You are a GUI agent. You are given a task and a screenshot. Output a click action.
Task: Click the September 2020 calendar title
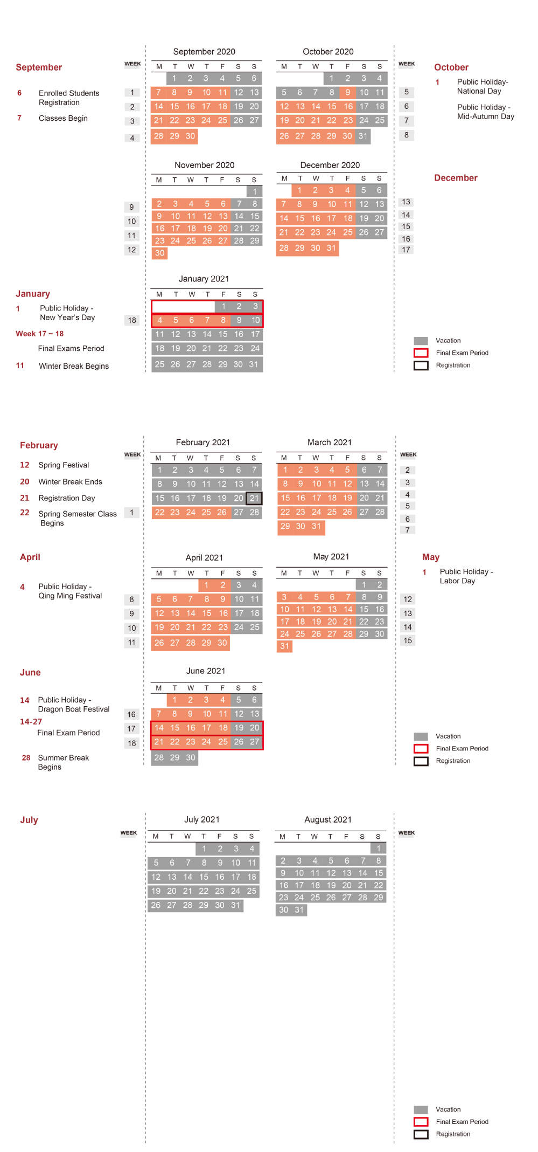[x=204, y=52]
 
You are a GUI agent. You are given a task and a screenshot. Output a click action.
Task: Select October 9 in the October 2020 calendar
[x=348, y=92]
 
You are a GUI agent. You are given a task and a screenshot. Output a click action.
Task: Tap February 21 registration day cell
[x=254, y=498]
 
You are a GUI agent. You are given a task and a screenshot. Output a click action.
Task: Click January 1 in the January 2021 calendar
[x=223, y=306]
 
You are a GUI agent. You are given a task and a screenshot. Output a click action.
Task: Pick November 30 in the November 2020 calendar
[x=159, y=253]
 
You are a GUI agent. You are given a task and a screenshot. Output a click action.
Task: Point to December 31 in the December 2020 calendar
[x=331, y=248]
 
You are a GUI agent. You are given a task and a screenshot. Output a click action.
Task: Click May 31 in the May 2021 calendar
[x=284, y=646]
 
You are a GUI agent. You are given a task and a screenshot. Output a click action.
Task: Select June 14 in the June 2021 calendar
[x=159, y=728]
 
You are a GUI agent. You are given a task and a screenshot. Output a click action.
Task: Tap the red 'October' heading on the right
[x=451, y=67]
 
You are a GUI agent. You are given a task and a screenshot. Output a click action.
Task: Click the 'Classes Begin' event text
[x=63, y=118]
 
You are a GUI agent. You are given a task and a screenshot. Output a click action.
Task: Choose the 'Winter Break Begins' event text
[x=74, y=366]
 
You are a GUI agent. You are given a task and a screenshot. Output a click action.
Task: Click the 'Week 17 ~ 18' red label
[x=39, y=334]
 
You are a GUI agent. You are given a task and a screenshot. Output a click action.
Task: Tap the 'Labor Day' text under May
[x=457, y=581]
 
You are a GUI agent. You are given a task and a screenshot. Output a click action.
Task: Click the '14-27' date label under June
[x=31, y=722]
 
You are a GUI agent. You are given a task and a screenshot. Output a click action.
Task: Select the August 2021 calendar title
[x=327, y=819]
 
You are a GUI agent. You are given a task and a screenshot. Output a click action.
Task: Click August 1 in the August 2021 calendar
[x=379, y=849]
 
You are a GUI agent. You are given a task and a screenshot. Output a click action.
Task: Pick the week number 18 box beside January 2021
[x=132, y=320]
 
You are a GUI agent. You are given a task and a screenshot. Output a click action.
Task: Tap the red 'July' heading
[x=29, y=820]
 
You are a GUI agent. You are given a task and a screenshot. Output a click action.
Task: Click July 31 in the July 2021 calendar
[x=235, y=905]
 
